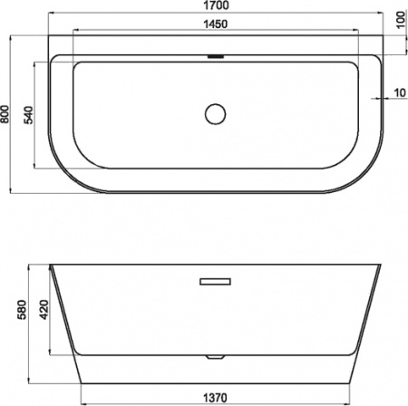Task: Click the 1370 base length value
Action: point(215,396)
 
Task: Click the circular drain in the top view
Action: point(215,114)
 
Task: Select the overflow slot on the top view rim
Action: point(215,57)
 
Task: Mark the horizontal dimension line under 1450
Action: point(136,32)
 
